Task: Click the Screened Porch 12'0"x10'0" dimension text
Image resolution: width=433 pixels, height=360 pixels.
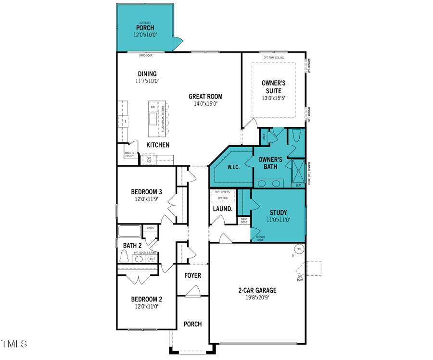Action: (145, 35)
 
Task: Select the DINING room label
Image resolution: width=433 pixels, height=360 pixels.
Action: (147, 74)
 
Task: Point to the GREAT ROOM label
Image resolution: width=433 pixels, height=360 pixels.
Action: (206, 96)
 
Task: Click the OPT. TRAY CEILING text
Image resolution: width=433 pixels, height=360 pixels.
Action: (273, 57)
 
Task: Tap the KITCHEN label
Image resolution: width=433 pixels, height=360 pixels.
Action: (158, 145)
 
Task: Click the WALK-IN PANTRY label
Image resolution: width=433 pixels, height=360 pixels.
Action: (129, 154)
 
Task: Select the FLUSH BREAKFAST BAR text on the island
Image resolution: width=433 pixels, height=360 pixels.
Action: (163, 119)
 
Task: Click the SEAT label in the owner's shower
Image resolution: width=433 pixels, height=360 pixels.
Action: (298, 185)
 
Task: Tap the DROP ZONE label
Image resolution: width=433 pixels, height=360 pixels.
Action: (244, 221)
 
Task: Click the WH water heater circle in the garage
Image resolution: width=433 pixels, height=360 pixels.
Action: (299, 249)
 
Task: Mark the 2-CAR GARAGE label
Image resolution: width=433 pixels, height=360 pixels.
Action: (257, 290)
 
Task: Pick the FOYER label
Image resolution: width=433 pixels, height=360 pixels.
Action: (192, 275)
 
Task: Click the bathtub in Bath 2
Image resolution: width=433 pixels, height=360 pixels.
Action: (130, 231)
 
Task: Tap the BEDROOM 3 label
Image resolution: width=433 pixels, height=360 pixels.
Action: (145, 191)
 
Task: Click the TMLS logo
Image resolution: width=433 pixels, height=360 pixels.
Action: (14, 344)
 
